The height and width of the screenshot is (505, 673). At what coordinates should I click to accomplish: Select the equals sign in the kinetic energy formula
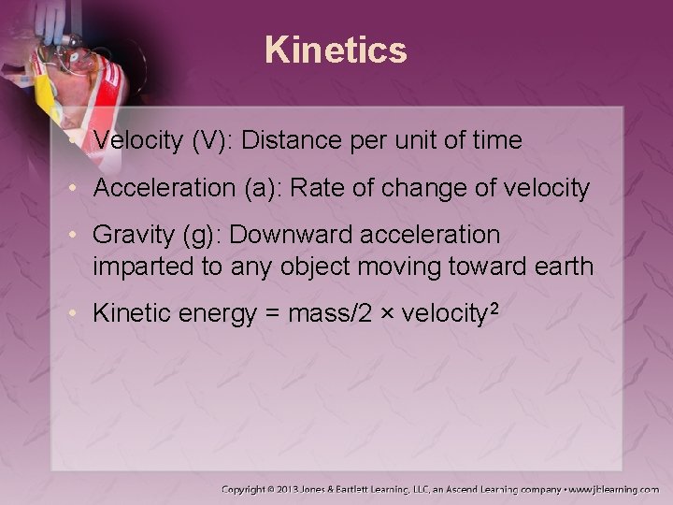click(271, 314)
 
